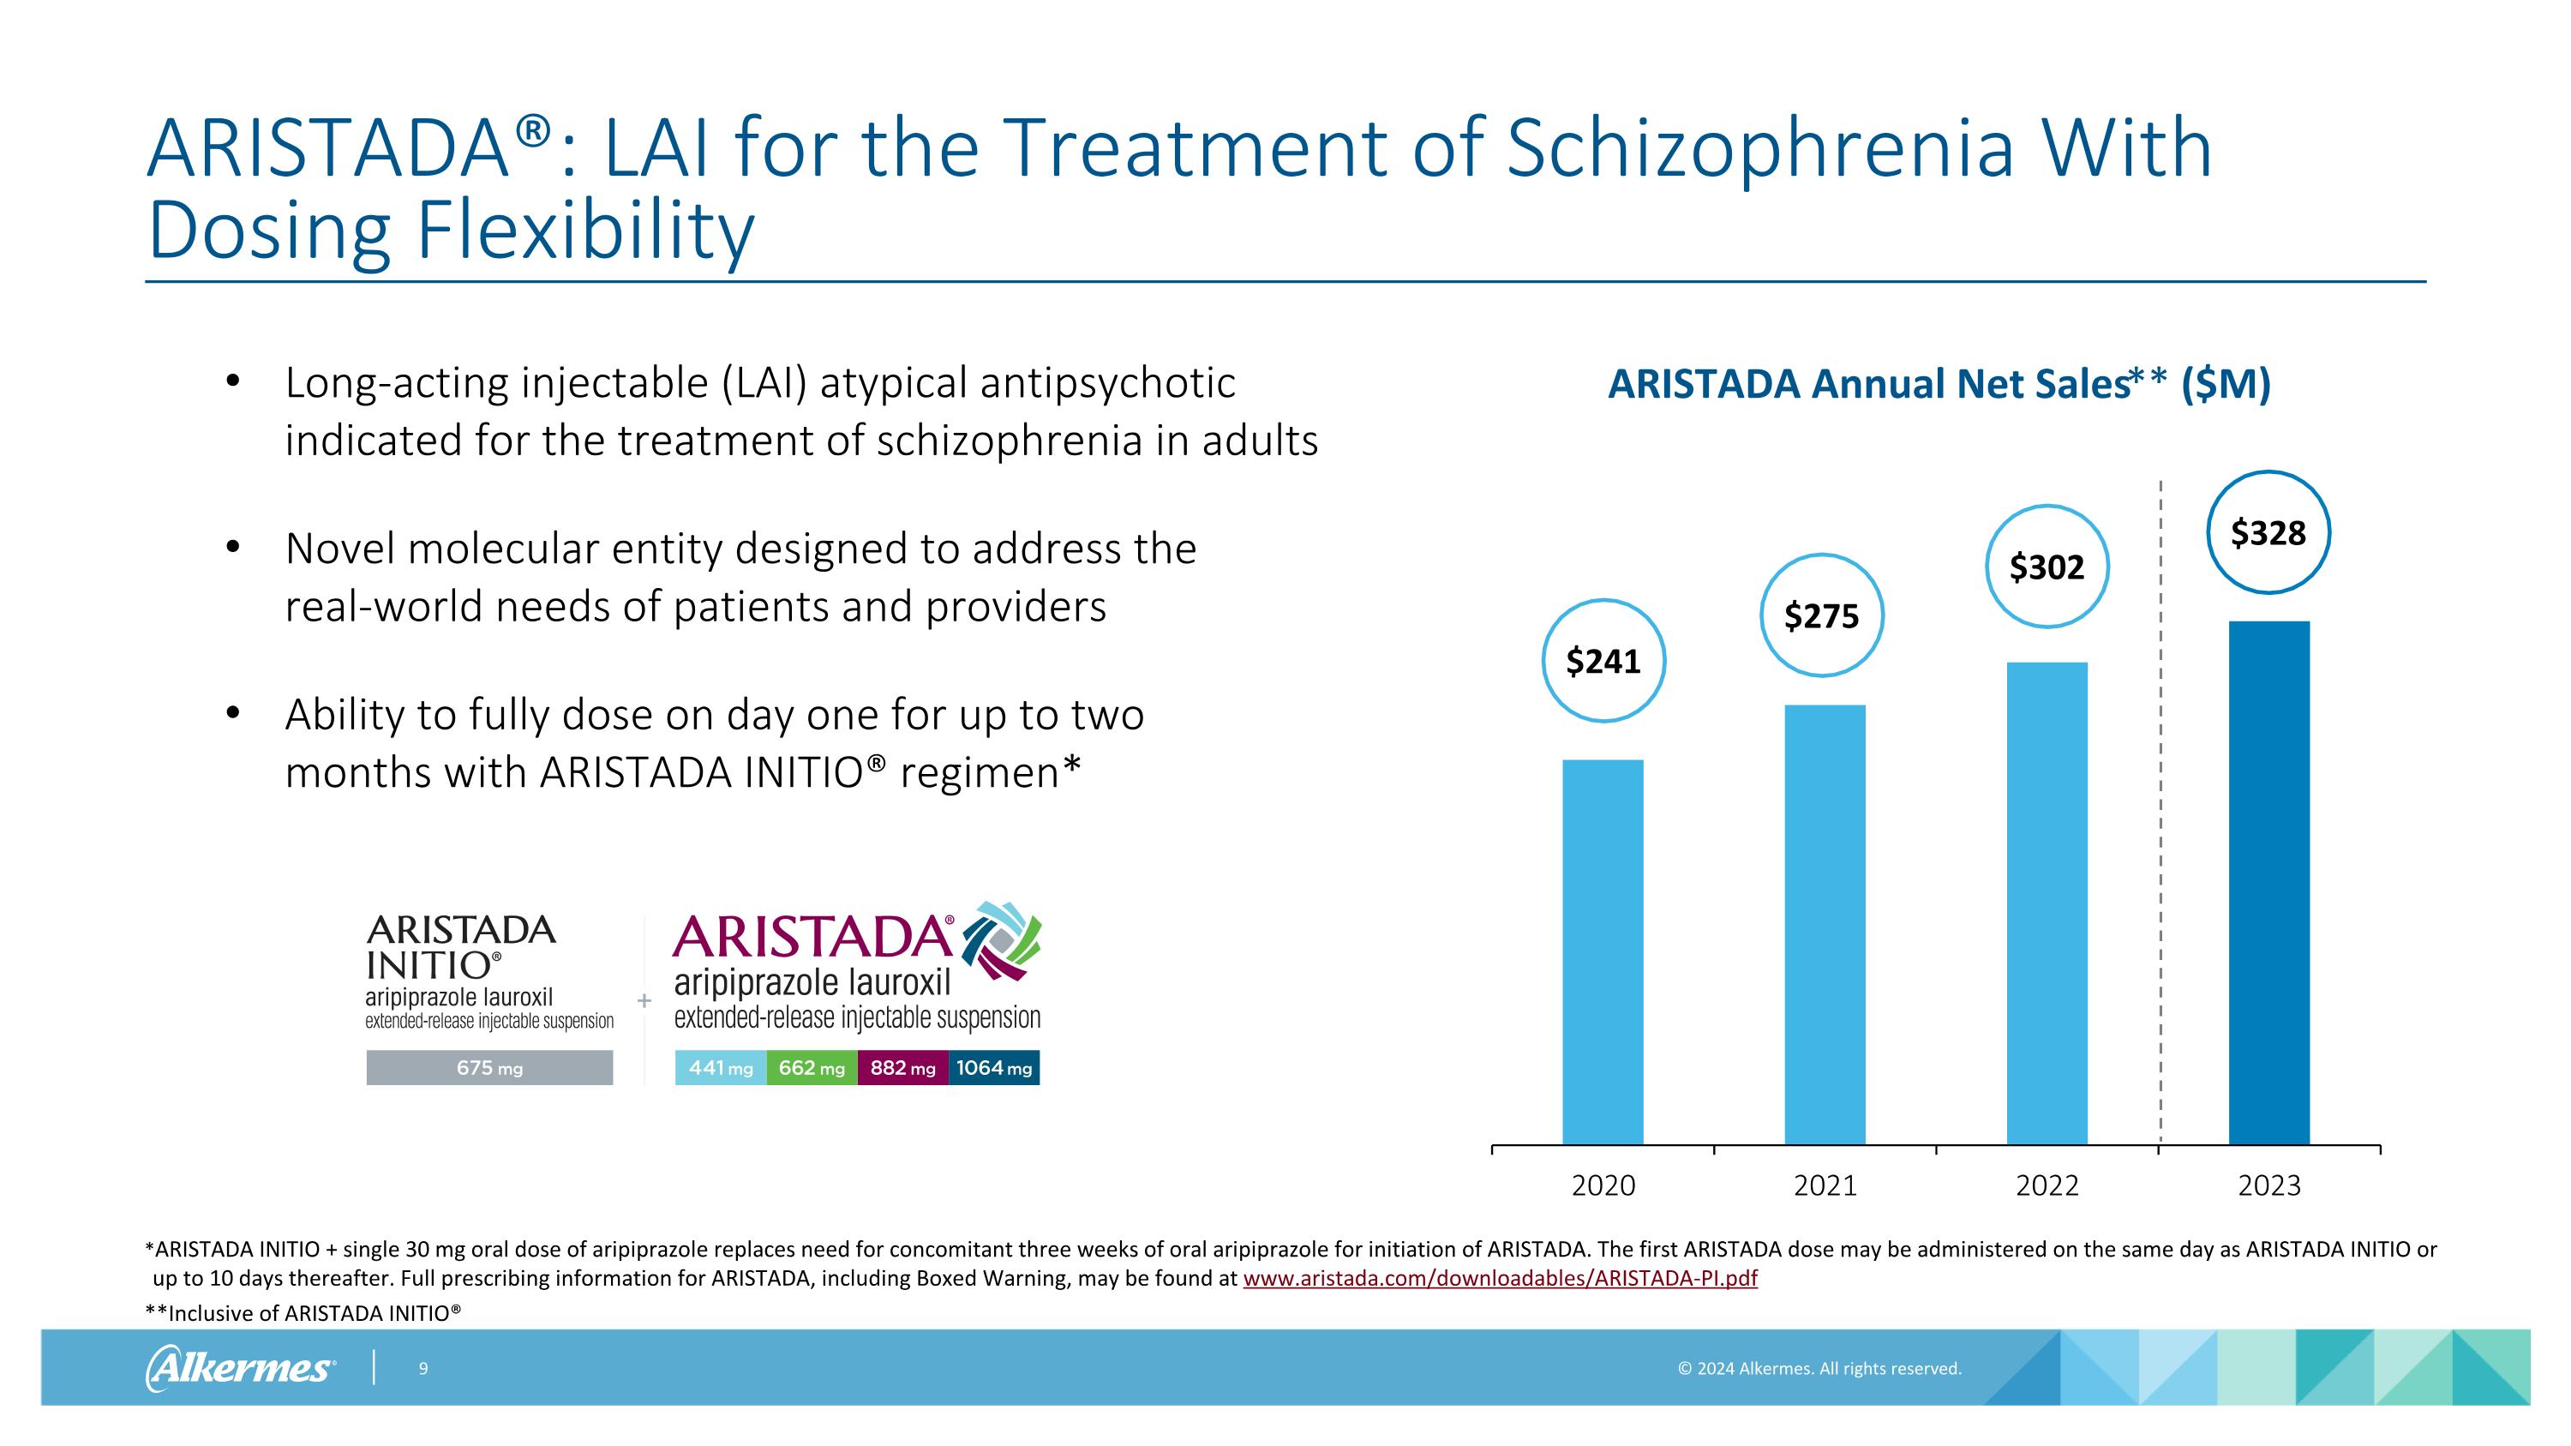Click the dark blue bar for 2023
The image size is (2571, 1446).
2268,882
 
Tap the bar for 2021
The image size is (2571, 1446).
1825,924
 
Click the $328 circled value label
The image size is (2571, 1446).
2268,533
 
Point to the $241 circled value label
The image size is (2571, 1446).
1603,661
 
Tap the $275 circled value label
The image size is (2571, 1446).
1821,615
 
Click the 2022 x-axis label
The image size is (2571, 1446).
2047,1185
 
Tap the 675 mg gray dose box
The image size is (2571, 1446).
489,1068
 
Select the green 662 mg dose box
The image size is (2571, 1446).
812,1068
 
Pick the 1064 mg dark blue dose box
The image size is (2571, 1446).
993,1068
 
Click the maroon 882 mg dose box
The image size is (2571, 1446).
902,1068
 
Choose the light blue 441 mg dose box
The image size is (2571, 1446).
721,1068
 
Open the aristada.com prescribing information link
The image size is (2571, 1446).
1499,1278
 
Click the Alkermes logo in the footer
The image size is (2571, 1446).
241,1367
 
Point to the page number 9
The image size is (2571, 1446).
423,1368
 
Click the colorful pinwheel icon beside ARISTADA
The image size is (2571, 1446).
1001,940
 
